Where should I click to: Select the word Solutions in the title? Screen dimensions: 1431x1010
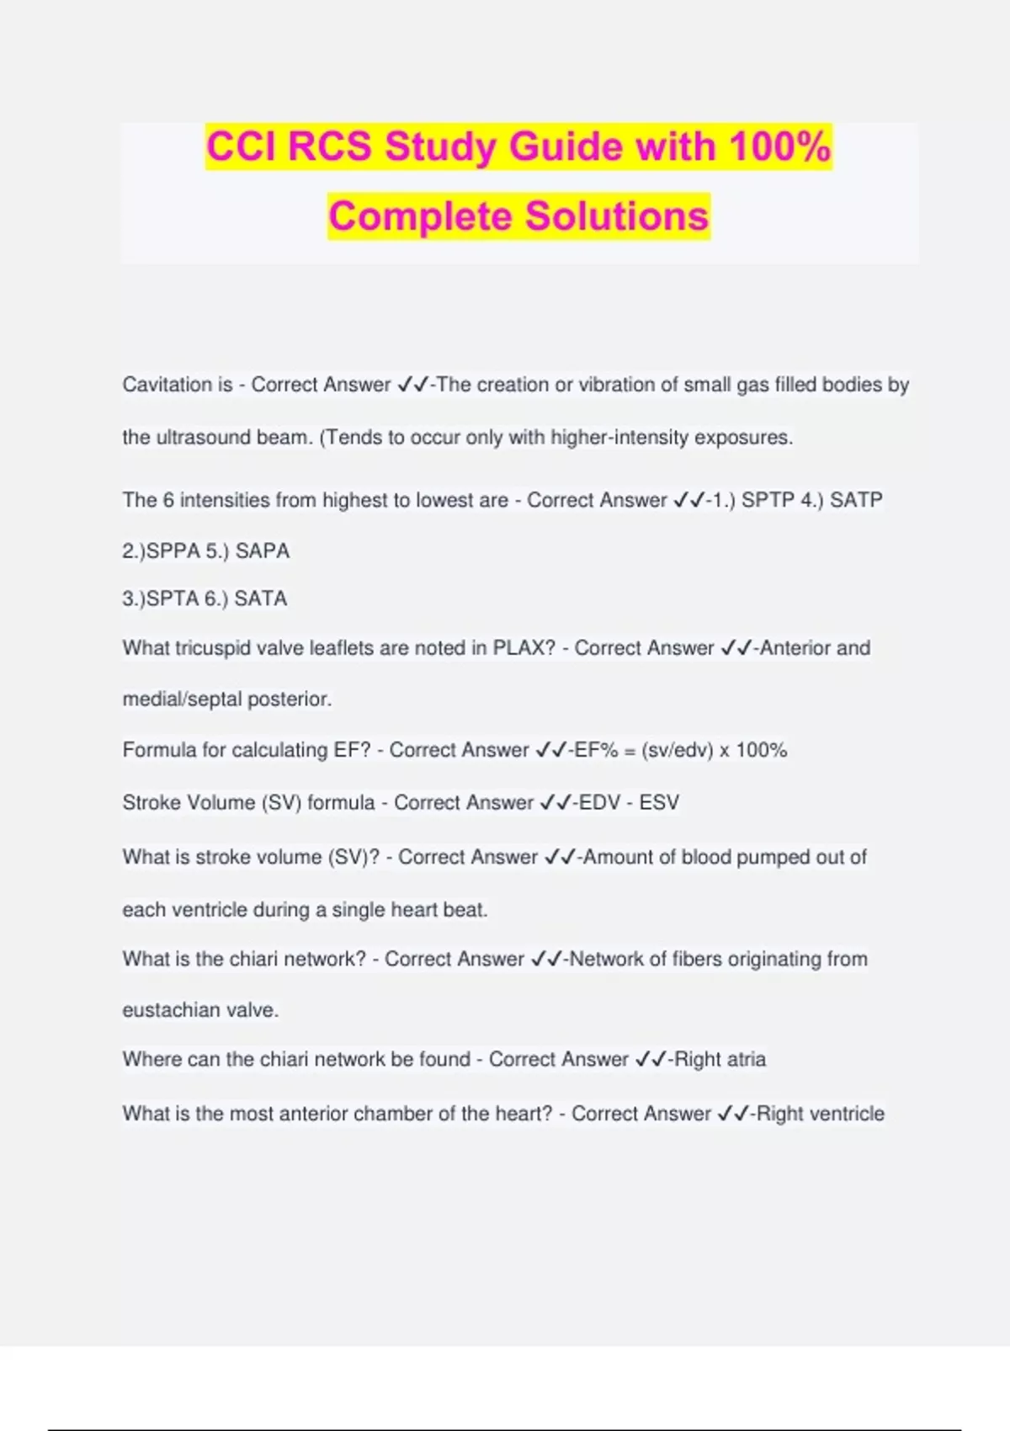(617, 216)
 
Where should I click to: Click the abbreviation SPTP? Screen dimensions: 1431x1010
(768, 500)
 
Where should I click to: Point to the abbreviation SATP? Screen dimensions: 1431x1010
(856, 500)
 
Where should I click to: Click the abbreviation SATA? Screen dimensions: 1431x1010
(260, 598)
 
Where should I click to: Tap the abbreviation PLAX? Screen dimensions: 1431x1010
(524, 648)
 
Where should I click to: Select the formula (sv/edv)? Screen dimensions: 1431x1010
(677, 750)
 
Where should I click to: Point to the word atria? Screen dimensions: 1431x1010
(744, 1059)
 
